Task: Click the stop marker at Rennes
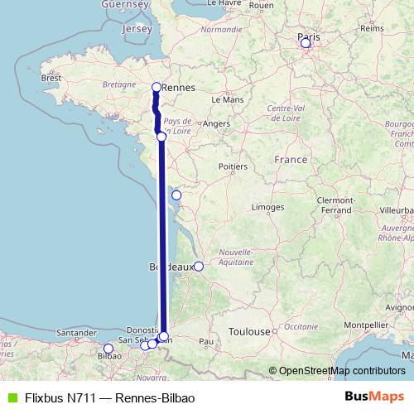tap(156, 87)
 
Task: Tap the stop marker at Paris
tap(306, 42)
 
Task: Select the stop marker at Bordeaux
tap(199, 267)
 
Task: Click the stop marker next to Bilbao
tap(108, 349)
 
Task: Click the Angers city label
tap(215, 123)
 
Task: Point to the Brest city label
tap(51, 78)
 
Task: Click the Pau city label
tap(207, 340)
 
